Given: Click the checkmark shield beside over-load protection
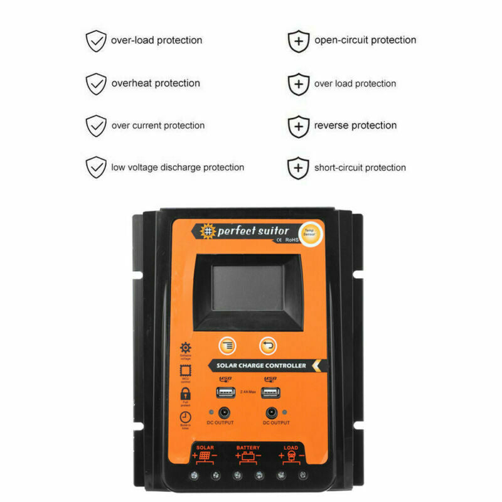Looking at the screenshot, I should pos(96,41).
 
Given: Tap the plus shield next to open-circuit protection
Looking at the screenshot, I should pos(299,41).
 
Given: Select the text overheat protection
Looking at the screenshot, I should pos(156,83).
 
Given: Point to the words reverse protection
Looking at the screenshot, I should pos(355,125).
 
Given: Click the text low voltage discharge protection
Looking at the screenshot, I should pos(178,168).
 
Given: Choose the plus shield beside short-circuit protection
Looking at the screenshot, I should pos(299,168).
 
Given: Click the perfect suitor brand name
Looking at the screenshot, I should pos(253,231).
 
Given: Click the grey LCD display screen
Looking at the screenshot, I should pos(247,288).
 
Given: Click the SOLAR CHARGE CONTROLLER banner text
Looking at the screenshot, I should pos(261,365).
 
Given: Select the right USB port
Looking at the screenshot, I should pos(271,393).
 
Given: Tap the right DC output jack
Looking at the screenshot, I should pos(272,413).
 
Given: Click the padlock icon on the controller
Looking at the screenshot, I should pos(186,393).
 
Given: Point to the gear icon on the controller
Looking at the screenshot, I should pos(186,348).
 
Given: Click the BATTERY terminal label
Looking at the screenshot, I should pos(248,448).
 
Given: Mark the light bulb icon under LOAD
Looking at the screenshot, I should pos(290,457).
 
